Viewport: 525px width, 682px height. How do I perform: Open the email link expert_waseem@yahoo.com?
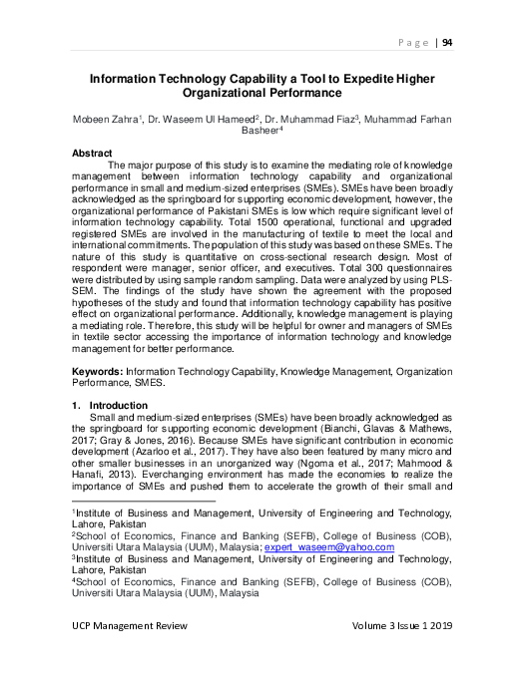pyautogui.click(x=337, y=546)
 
